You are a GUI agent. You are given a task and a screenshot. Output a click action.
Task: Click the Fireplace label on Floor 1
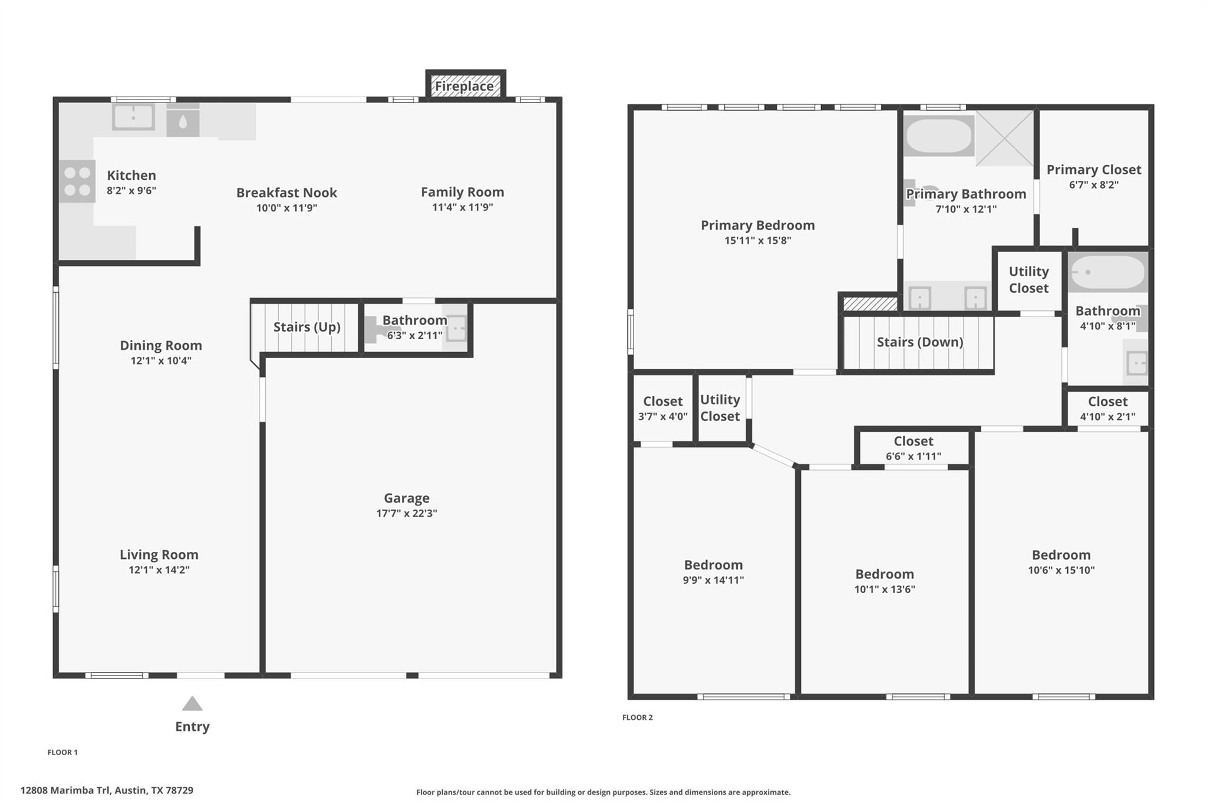(x=464, y=87)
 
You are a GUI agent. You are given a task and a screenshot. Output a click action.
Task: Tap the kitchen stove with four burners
(x=77, y=181)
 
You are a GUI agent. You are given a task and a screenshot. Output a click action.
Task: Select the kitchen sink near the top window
(x=134, y=117)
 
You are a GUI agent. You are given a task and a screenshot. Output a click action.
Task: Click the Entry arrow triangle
(x=192, y=703)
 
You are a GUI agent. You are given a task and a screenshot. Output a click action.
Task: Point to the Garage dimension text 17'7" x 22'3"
(x=407, y=513)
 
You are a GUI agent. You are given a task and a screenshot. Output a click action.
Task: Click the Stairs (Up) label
(x=307, y=327)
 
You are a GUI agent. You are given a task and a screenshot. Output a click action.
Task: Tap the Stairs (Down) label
(x=920, y=342)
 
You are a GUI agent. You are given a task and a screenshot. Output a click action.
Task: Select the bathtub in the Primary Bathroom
(x=938, y=135)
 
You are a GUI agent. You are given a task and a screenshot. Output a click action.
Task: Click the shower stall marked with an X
(x=1005, y=138)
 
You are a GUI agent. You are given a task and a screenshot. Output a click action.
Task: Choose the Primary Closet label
(x=1094, y=170)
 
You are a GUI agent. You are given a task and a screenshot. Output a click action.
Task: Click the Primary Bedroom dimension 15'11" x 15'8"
(x=758, y=240)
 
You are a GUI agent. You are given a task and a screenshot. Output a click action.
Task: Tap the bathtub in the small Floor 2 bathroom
(x=1108, y=272)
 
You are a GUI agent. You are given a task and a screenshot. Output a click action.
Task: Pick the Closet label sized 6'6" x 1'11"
(x=914, y=441)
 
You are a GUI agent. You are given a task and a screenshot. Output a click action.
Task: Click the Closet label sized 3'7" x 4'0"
(x=663, y=402)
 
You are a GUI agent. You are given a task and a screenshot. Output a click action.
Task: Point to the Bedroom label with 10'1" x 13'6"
(x=885, y=574)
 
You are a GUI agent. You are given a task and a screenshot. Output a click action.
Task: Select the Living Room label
(x=159, y=555)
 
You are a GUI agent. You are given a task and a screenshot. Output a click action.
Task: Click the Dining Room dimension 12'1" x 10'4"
(x=161, y=360)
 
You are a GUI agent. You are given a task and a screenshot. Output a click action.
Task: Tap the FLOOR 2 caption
(x=638, y=717)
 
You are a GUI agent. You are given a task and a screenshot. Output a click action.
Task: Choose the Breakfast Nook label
(x=286, y=193)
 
